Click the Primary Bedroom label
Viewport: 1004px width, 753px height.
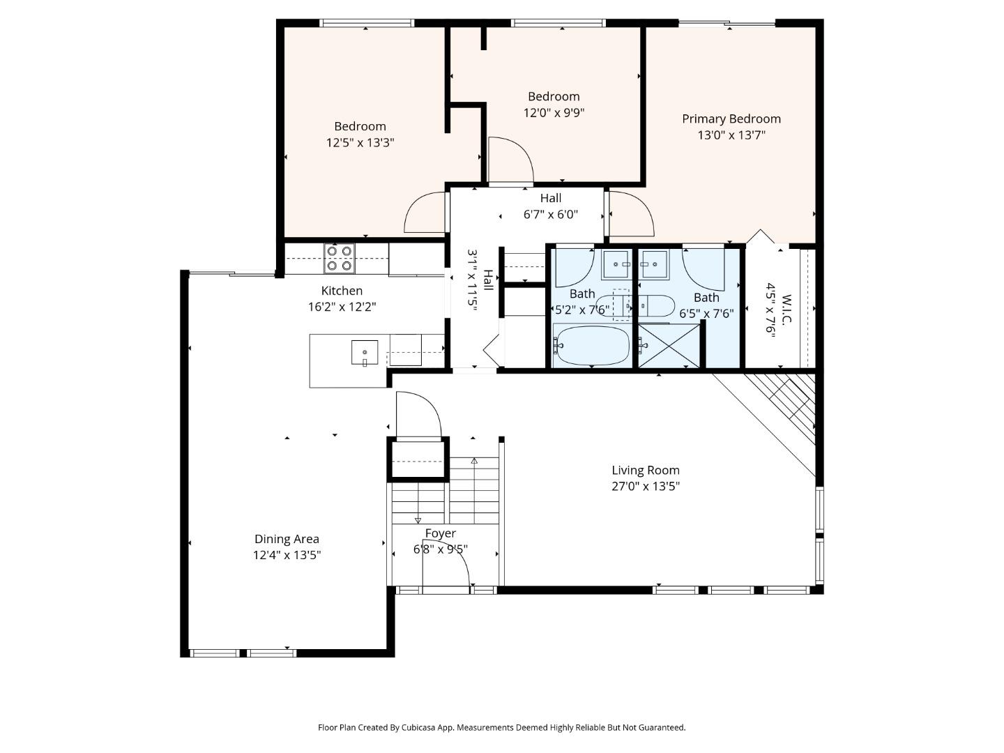(x=731, y=119)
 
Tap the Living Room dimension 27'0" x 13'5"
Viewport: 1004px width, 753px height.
(x=645, y=487)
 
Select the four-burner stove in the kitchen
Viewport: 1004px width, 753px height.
(x=339, y=258)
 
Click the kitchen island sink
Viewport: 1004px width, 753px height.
(x=364, y=353)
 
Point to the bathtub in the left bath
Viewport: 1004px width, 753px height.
(x=592, y=345)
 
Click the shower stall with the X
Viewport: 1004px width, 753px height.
(x=669, y=346)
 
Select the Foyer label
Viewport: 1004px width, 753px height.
(x=441, y=533)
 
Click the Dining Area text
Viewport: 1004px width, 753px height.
(x=287, y=539)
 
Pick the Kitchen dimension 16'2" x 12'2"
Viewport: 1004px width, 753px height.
(x=342, y=307)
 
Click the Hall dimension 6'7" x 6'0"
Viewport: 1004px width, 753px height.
(x=550, y=215)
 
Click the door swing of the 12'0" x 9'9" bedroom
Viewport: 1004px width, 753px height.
(x=510, y=160)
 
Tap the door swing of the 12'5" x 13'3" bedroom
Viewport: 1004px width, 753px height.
(x=425, y=213)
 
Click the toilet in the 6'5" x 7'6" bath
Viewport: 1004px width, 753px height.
(x=656, y=305)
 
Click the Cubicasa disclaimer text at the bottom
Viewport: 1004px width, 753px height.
(x=501, y=727)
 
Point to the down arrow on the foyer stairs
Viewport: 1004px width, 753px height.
(x=418, y=519)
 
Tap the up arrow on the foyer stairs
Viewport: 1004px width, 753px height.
(x=474, y=461)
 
